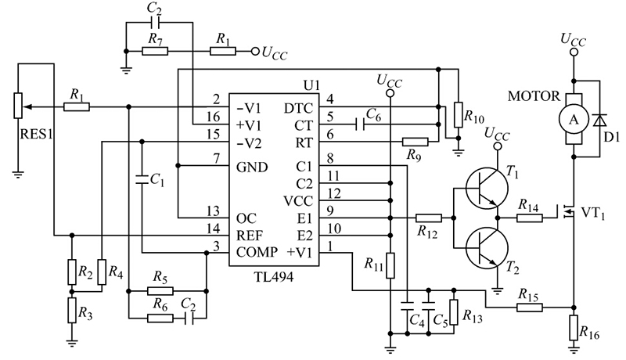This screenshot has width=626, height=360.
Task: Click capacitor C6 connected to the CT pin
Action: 362,124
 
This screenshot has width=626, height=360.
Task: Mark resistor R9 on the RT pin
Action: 415,142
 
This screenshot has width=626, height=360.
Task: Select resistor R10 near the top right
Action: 456,113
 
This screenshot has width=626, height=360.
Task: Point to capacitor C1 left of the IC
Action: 142,179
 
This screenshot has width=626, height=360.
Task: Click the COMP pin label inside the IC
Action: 255,252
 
